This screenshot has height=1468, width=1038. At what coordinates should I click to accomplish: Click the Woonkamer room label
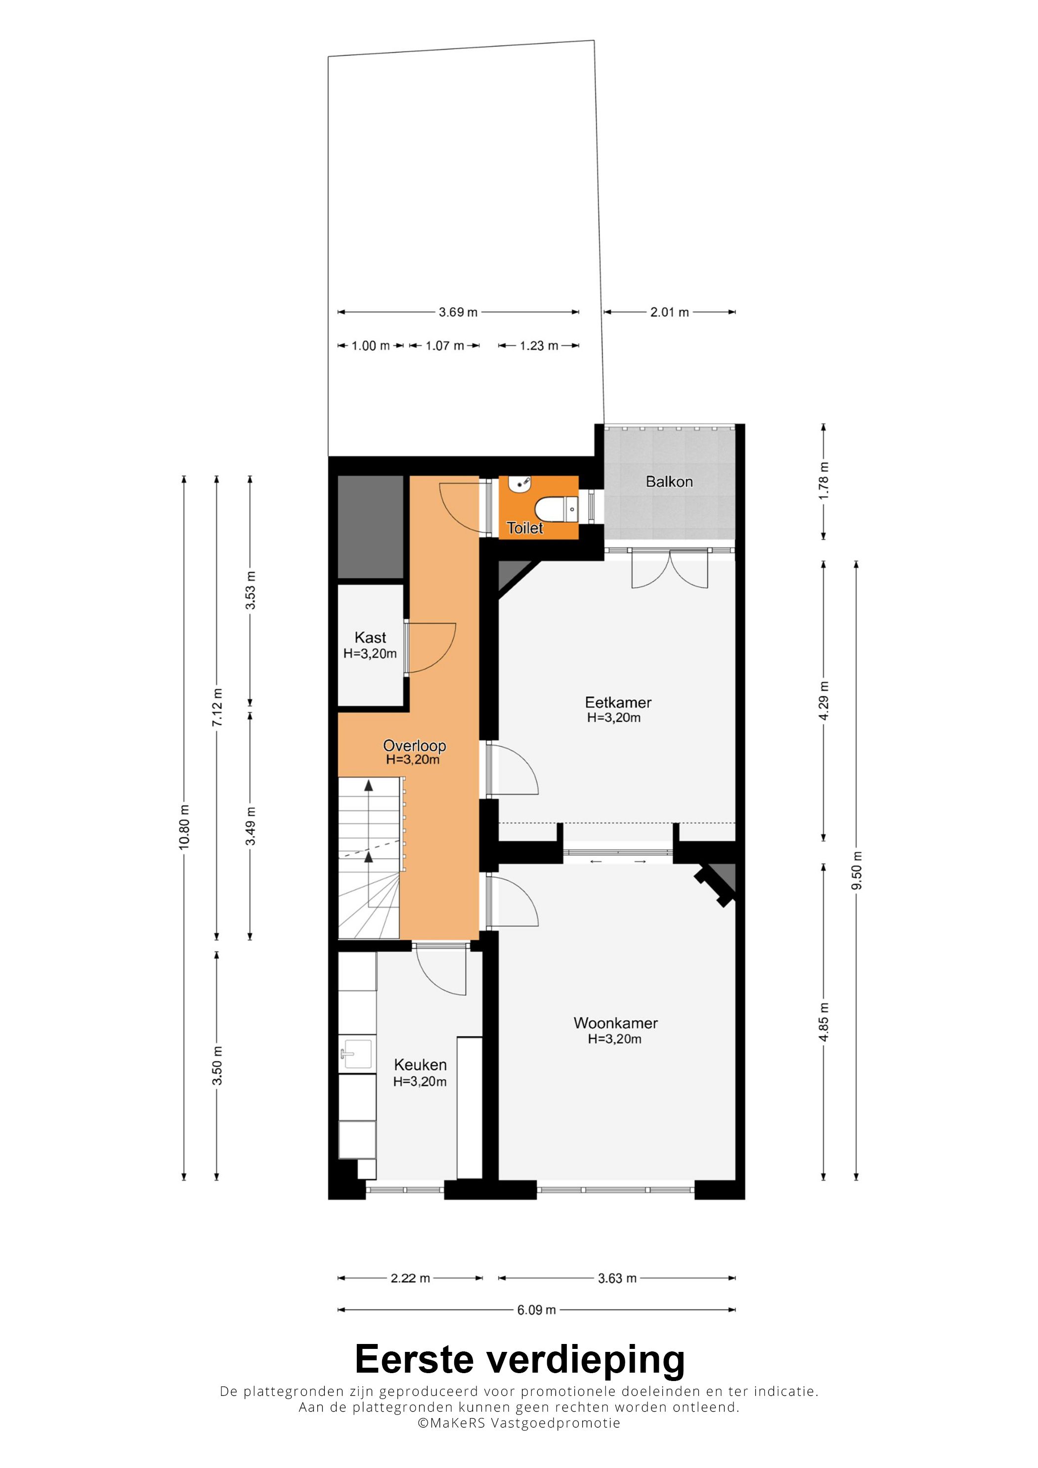[615, 1023]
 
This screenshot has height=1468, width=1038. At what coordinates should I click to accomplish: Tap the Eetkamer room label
[618, 702]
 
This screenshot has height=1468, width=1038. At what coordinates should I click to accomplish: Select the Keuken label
[420, 1064]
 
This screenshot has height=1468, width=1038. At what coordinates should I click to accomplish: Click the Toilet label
[524, 528]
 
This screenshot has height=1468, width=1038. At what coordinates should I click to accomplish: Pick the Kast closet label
[370, 637]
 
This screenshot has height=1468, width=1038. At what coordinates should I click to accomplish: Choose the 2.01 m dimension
[670, 312]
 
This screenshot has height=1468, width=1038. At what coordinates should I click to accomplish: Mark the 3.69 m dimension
[458, 312]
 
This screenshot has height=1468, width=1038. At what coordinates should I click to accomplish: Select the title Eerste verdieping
[519, 1359]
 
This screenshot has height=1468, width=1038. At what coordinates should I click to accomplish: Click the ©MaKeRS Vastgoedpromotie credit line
[519, 1423]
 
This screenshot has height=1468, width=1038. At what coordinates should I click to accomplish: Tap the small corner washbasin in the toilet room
[519, 485]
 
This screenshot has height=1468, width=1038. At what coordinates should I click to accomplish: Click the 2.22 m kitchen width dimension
[410, 1278]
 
